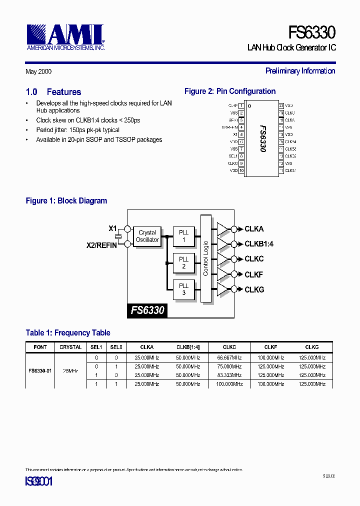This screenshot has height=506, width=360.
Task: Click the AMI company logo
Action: [x=65, y=36]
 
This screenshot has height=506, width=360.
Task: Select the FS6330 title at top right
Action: [x=311, y=32]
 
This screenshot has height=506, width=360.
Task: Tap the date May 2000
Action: [x=38, y=71]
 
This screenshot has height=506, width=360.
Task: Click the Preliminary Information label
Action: [x=300, y=71]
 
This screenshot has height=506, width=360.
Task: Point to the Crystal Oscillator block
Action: [x=147, y=236]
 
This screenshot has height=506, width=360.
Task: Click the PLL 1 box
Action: [x=183, y=236]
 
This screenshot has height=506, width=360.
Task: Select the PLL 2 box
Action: [x=183, y=262]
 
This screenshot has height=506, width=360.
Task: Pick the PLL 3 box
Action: [x=183, y=289]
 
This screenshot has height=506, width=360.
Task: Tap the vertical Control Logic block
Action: [x=205, y=258]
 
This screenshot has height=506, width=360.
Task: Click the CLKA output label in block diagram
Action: [x=254, y=229]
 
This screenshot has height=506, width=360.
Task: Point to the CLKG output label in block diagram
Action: [x=254, y=289]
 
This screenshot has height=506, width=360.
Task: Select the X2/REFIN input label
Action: [x=101, y=245]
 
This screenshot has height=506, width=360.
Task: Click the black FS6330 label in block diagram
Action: [x=147, y=310]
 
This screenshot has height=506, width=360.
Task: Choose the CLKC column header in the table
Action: [x=229, y=347]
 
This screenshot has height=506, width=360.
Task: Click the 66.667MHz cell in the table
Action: [x=229, y=358]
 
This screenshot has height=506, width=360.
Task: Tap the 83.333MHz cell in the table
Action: [x=229, y=374]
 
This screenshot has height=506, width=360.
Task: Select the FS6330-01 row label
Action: [x=40, y=371]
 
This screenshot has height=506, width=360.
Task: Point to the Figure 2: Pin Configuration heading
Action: [x=230, y=91]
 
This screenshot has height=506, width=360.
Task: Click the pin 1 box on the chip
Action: [x=241, y=105]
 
